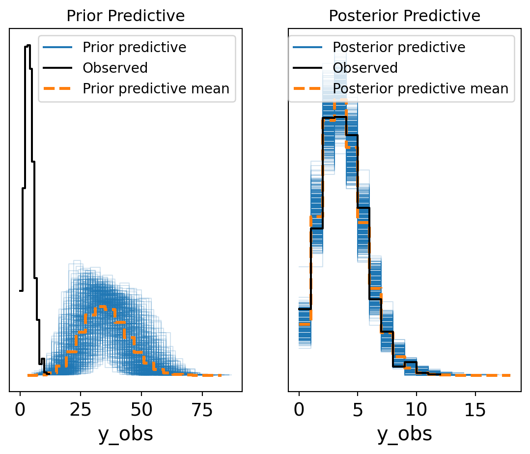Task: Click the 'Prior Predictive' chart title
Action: coord(125,16)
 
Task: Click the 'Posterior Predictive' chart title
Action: coord(404,16)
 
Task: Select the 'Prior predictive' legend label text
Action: coord(134,47)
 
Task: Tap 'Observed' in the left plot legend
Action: coord(115,68)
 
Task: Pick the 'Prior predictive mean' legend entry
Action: coord(156,88)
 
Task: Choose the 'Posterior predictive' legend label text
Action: coord(399,47)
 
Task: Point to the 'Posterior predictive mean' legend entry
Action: coord(420,88)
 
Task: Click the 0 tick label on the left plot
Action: coord(20,409)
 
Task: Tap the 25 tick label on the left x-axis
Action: coord(81,409)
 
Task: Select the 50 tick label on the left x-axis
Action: coord(141,409)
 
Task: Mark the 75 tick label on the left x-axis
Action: coord(202,409)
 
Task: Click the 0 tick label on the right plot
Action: coord(299,409)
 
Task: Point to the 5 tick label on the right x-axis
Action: coord(358,409)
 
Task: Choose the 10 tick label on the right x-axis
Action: coord(416,409)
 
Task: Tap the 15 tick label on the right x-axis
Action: coord(475,409)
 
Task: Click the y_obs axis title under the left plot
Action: coord(125,434)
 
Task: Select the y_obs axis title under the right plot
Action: coord(404,434)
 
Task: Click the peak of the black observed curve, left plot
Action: coord(28,46)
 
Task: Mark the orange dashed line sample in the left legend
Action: coord(58,88)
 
